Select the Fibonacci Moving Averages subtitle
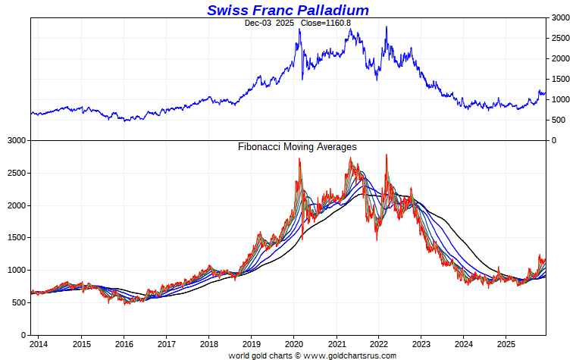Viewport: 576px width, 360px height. pos(297,146)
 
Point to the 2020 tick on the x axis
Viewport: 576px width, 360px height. pos(294,343)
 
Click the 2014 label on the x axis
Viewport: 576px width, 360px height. pos(39,343)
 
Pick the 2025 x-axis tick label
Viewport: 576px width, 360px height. pos(506,343)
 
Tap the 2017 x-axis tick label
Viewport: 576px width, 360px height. pos(167,343)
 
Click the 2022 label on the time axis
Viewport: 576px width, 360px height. pos(379,343)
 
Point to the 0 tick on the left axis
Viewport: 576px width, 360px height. pos(23,335)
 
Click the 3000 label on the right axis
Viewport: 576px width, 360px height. pos(561,17)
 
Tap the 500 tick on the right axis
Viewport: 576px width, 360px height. pos(559,120)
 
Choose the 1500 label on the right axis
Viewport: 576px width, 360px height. pos(561,79)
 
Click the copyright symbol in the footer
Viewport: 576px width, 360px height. pos(296,355)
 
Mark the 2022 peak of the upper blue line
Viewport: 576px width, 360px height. pos(387,27)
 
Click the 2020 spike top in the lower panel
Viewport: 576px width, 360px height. pos(299,158)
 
